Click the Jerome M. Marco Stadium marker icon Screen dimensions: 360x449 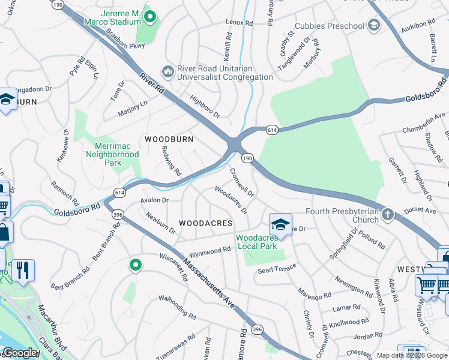(x=151, y=17)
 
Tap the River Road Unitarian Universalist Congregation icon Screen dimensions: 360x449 (x=167, y=72)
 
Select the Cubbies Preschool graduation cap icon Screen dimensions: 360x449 (x=373, y=25)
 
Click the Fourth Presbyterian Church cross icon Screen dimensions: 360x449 (x=388, y=214)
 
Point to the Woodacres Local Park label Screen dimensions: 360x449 (x=257, y=242)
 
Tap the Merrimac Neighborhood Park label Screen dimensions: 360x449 (x=116, y=154)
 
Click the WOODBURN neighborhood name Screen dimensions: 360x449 (x=169, y=139)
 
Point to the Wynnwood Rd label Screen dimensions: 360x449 (x=210, y=251)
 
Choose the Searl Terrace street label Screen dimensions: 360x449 (x=277, y=268)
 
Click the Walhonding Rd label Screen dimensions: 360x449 (x=177, y=307)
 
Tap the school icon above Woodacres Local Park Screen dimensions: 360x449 (x=280, y=224)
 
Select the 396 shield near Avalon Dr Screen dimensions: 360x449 (x=118, y=214)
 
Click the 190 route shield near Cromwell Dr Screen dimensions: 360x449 (x=247, y=158)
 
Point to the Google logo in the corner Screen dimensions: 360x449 (x=20, y=353)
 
